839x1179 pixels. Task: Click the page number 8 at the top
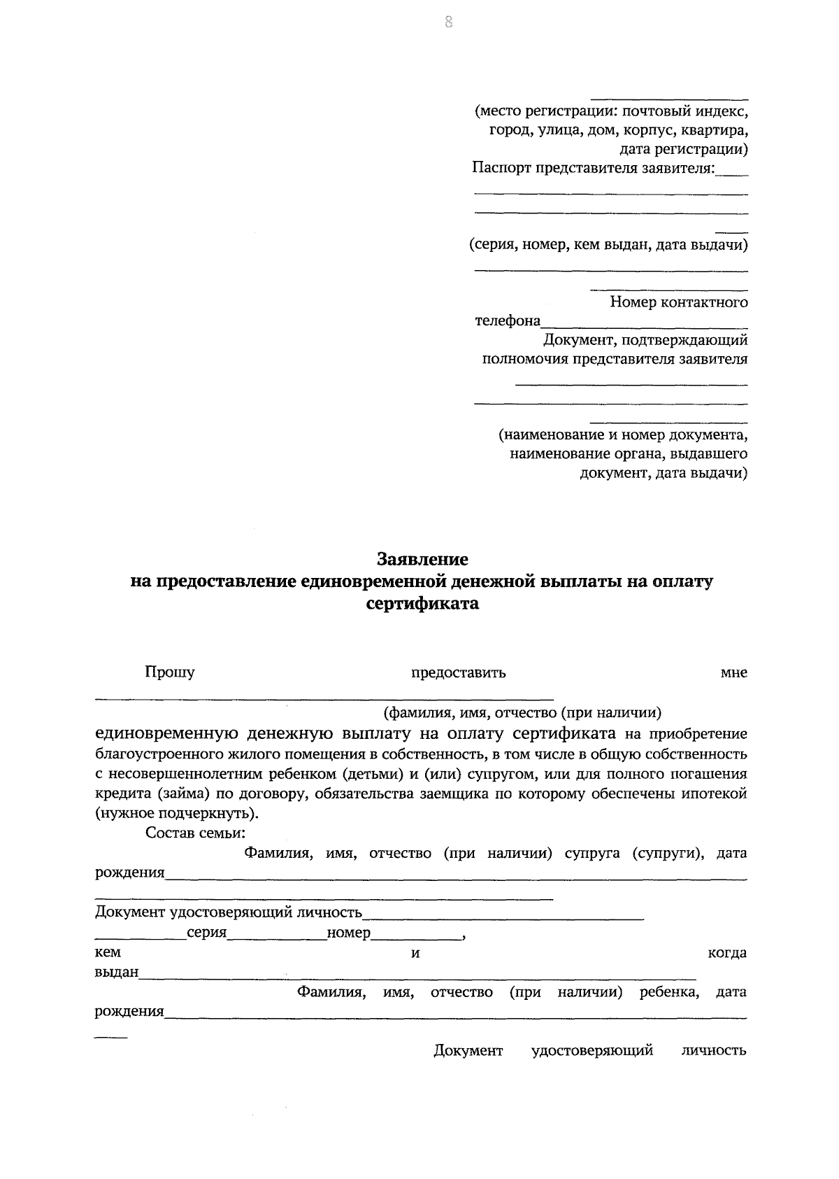pos(448,23)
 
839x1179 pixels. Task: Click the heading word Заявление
pos(422,560)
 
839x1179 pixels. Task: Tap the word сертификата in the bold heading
pos(422,604)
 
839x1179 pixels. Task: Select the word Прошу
pos(169,672)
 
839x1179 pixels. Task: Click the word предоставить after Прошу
pos(458,673)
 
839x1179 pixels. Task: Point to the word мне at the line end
pos(733,673)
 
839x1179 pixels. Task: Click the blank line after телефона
pos(643,323)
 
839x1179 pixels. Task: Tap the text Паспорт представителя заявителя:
pos(593,168)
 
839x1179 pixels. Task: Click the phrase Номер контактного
pos(678,302)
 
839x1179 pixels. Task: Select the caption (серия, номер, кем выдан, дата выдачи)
pos(608,245)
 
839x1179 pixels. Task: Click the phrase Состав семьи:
pos(195,833)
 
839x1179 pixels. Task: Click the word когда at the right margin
pos(727,953)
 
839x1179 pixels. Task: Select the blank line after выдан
pos(417,974)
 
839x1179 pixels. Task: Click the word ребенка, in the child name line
pos(669,992)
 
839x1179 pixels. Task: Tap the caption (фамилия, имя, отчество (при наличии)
pos(522,713)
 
